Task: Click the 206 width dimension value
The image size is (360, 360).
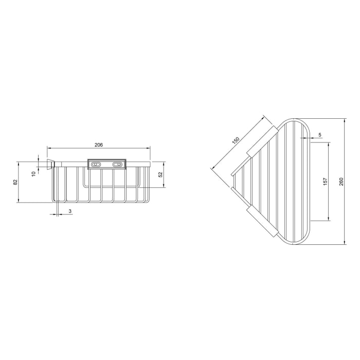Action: tap(99, 145)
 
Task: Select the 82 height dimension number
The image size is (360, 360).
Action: tap(15, 182)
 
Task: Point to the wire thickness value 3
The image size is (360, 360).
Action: tap(70, 211)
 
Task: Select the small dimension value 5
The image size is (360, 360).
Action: tap(319, 135)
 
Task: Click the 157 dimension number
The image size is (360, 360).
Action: tap(324, 182)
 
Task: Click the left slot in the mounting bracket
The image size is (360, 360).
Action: tap(96, 164)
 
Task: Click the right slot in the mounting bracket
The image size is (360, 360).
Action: tap(118, 164)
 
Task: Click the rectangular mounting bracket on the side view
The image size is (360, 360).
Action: tap(107, 164)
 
